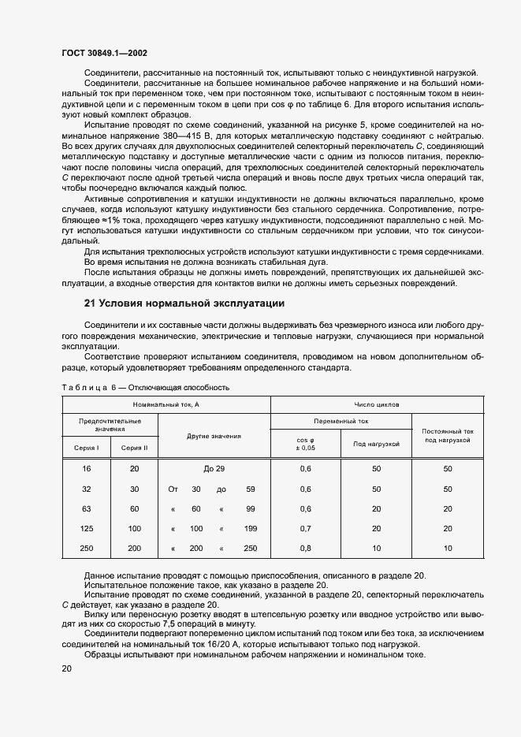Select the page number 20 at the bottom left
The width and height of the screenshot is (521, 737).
tap(66, 668)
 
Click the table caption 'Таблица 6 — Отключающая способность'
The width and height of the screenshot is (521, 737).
tap(145, 388)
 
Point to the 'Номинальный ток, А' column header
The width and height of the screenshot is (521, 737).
tap(166, 404)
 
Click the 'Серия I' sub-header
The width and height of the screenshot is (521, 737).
tap(87, 448)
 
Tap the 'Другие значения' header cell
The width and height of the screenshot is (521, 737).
tap(214, 436)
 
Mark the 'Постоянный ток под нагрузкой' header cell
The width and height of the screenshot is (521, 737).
tap(447, 436)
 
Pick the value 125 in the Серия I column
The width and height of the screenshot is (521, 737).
tap(87, 527)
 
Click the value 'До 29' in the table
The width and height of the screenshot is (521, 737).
tap(214, 469)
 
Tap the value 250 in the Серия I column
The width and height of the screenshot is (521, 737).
tap(87, 547)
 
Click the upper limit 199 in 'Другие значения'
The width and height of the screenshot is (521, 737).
tap(251, 527)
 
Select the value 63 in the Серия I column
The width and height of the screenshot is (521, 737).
tap(87, 508)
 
